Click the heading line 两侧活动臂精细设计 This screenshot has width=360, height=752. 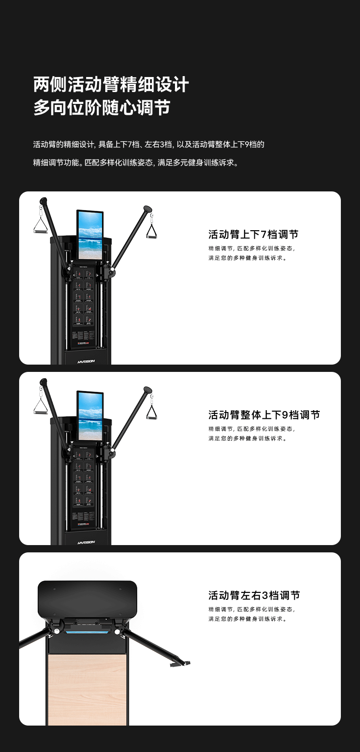coord(111,85)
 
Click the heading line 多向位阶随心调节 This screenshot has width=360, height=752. coord(102,108)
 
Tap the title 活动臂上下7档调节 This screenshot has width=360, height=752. coord(253,234)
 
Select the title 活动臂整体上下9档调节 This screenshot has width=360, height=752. coord(264,415)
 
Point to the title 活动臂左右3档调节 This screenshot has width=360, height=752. coord(254,595)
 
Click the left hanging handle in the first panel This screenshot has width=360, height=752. coord(41,227)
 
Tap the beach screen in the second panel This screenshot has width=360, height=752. coord(90,416)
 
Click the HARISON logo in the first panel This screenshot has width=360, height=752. coord(86,361)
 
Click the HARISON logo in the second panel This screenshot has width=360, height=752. coord(86,542)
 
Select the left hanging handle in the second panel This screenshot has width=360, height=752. coord(41,407)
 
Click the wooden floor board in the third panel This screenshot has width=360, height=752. coord(87,688)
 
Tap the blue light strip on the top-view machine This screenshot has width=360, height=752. coord(87,632)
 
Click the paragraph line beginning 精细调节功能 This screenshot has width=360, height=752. coord(136,162)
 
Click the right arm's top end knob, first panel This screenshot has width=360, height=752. coord(147,210)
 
